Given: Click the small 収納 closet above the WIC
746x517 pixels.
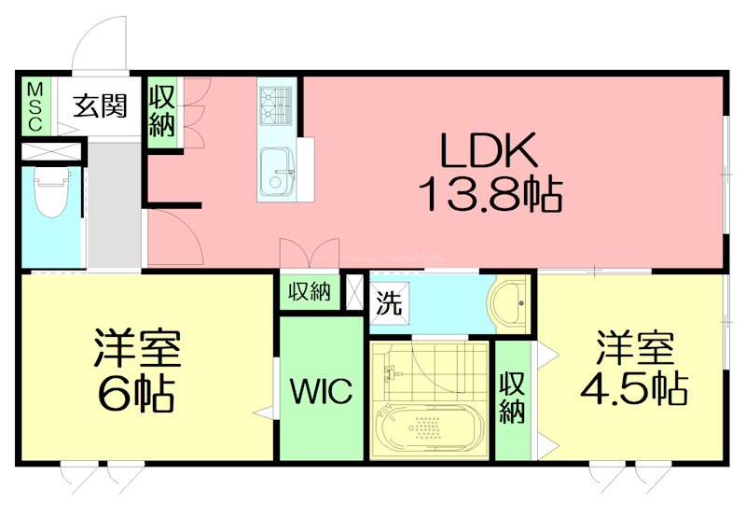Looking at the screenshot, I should (309, 292).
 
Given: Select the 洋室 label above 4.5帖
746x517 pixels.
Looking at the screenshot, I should (635, 347).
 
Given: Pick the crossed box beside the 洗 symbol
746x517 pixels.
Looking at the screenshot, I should (354, 291).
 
